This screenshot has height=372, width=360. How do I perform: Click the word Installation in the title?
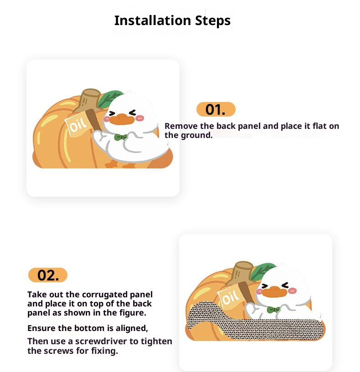pos(153,20)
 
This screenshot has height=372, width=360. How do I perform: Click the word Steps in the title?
pos(213,21)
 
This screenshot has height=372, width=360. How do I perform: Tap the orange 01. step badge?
pos(216,109)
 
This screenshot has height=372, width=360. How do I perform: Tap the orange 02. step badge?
pos(48,275)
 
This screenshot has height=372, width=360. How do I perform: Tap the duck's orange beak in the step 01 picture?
pos(121,119)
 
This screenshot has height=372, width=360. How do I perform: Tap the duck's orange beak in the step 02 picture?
pos(274,292)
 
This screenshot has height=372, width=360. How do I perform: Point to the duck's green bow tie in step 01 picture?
pos(121,137)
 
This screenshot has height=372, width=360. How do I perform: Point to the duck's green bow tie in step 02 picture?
pos(273,310)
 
